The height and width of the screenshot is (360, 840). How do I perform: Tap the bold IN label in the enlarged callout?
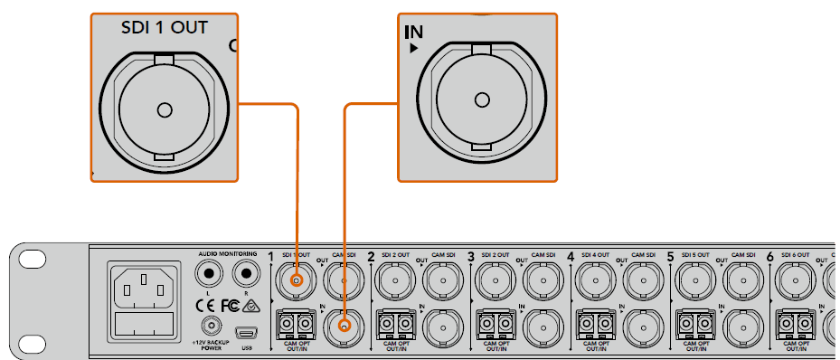412,33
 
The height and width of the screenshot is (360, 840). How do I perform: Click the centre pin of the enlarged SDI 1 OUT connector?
164,110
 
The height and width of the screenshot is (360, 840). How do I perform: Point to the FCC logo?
231,305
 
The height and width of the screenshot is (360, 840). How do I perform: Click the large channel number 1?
271,258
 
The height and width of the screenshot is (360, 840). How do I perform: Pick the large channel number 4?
571,258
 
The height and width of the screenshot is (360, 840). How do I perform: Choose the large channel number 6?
770,258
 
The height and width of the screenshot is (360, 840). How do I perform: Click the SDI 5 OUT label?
695,256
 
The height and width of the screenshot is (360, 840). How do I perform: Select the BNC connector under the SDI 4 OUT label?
596,282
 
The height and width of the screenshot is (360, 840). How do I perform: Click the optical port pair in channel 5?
696,322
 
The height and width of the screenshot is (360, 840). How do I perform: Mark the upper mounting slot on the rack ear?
32,259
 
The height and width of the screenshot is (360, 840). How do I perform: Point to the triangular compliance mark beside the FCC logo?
250,305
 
